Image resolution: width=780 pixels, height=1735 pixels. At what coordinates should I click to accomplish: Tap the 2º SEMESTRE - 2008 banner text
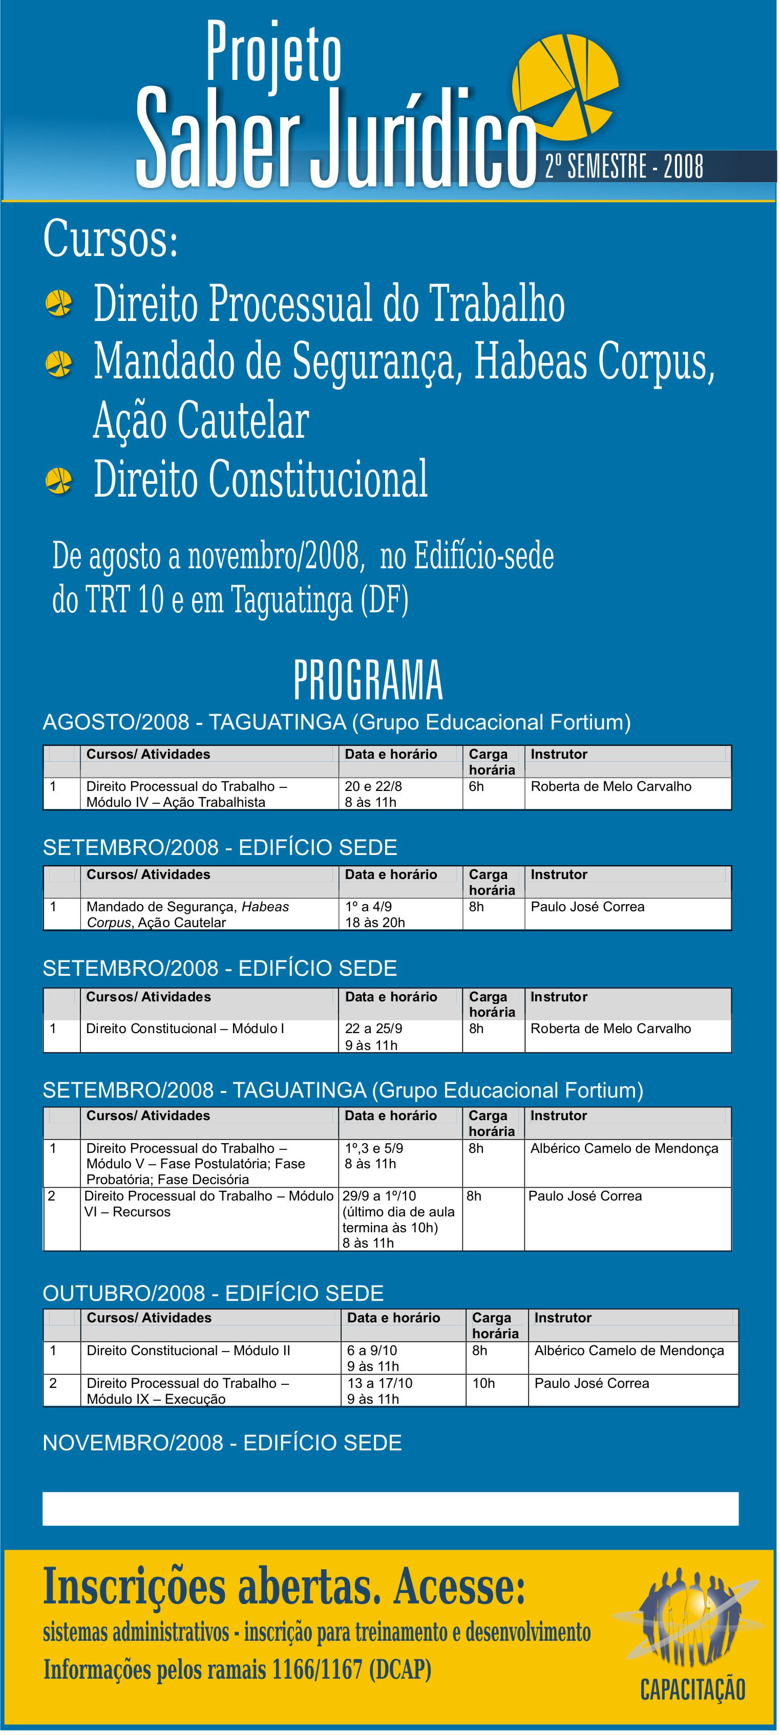click(624, 166)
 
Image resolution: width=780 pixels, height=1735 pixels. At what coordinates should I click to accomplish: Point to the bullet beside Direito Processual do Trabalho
click(58, 303)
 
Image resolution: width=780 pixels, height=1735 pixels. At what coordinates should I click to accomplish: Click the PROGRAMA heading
click(368, 680)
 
